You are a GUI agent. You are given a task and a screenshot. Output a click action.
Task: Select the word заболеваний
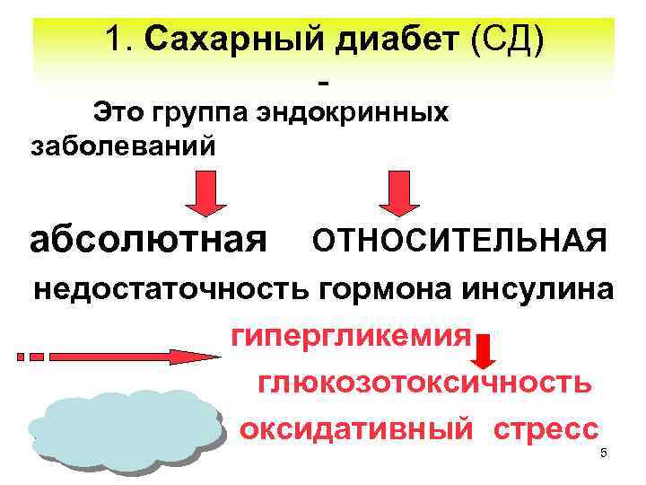click(x=123, y=145)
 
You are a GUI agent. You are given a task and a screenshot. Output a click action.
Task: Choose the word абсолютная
click(x=148, y=239)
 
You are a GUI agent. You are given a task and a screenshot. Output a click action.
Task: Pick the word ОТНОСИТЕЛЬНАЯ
click(x=458, y=240)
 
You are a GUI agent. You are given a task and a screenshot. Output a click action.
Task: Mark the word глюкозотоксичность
click(x=424, y=384)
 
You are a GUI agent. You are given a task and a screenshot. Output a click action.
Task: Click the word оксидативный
click(x=356, y=428)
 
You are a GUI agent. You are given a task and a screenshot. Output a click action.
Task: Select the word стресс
click(x=546, y=428)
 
